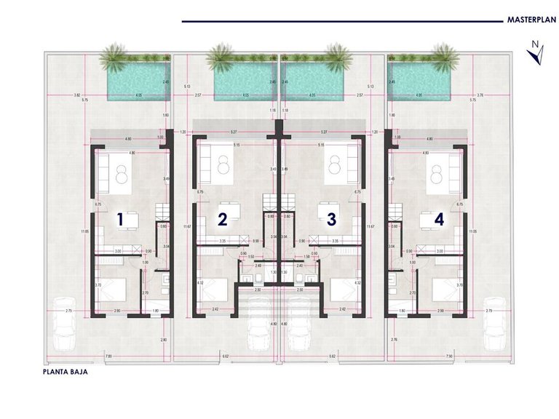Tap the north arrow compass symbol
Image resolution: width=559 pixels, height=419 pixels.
click(x=536, y=55)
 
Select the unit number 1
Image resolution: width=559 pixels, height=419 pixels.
click(x=122, y=218)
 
